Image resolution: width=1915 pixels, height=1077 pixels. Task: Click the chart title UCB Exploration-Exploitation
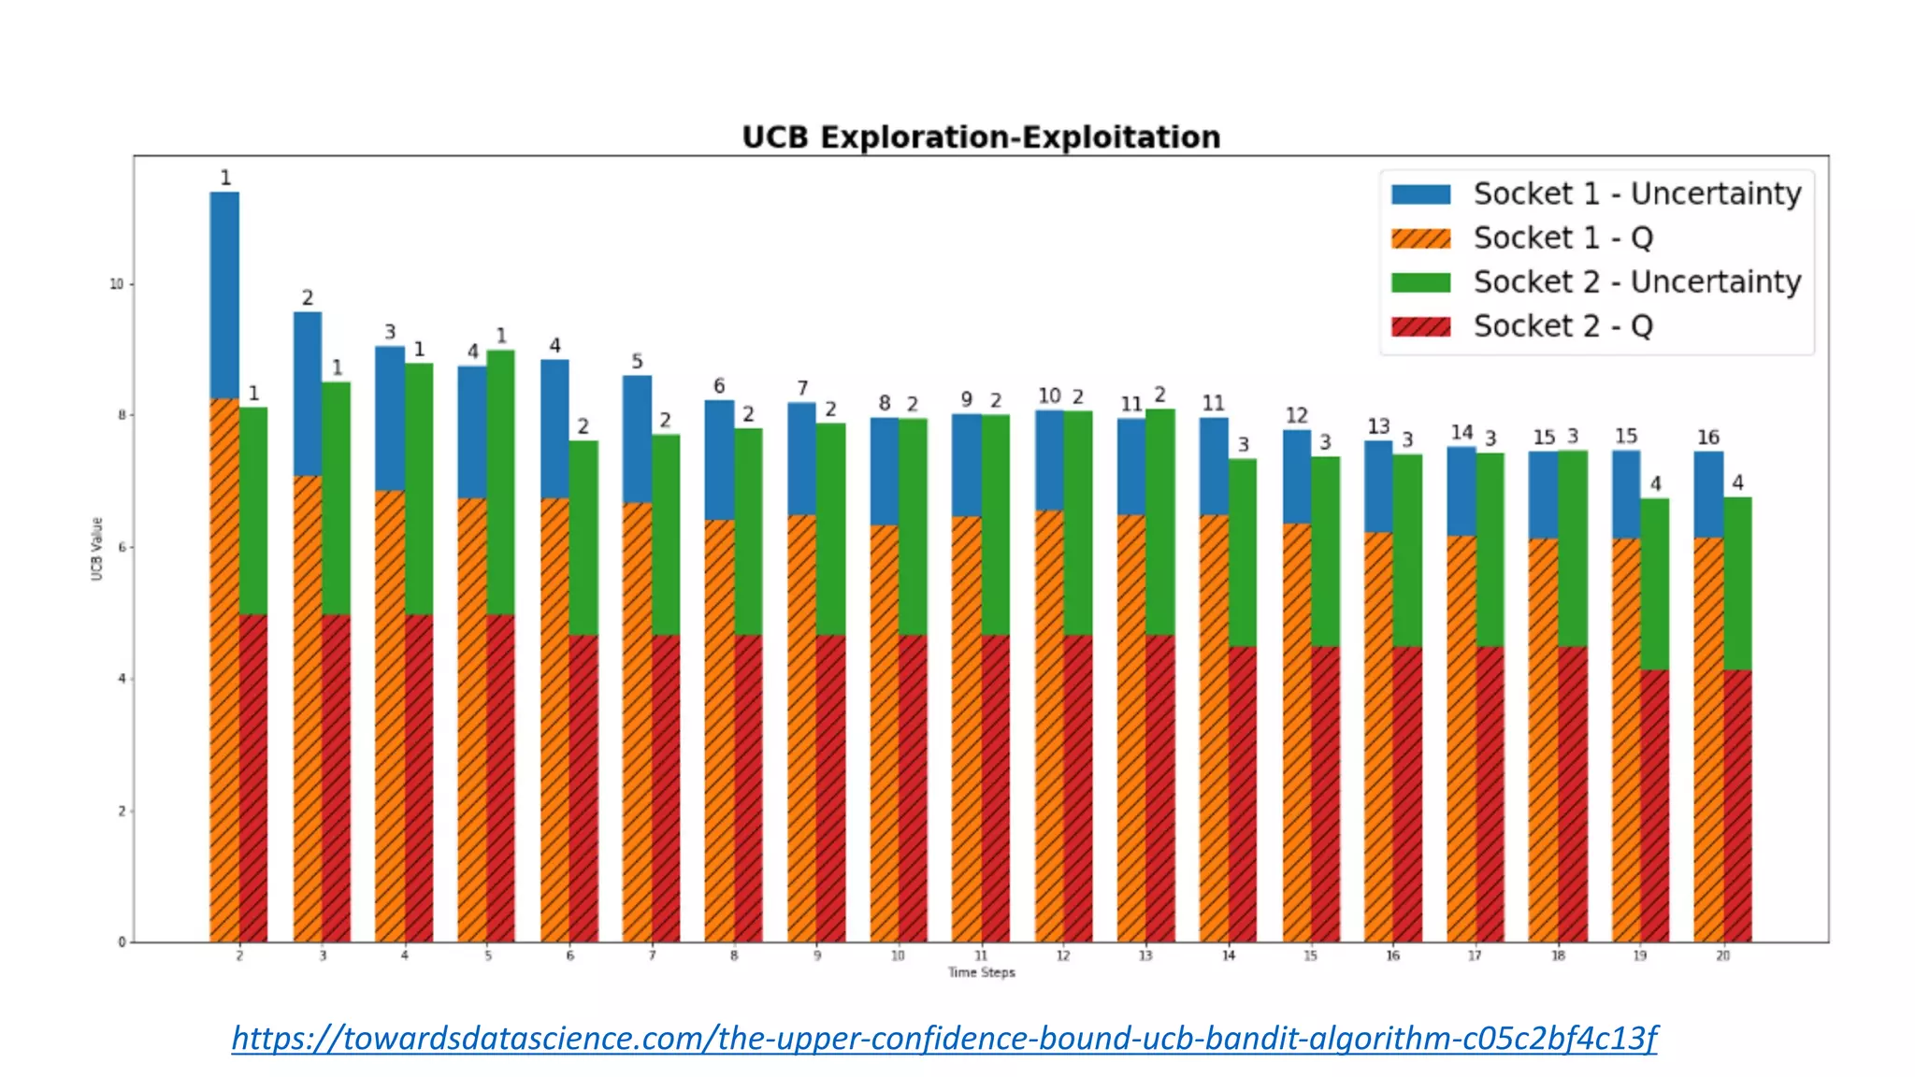point(981,137)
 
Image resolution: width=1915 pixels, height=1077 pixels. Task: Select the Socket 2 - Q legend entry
point(1562,326)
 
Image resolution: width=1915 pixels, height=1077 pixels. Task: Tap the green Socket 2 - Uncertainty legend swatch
point(1420,282)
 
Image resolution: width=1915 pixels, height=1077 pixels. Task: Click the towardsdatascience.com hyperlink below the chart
point(943,1038)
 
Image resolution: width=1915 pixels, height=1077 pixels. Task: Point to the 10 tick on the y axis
point(117,284)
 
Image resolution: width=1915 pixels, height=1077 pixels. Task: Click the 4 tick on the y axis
point(122,680)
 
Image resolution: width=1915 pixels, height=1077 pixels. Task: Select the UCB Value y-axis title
point(96,549)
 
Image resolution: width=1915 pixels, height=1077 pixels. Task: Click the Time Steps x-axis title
point(981,973)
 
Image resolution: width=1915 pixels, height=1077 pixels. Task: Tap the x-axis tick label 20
point(1722,956)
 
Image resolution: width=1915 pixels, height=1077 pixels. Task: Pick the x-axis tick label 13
point(1145,956)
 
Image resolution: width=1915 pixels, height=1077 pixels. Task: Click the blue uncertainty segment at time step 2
point(224,294)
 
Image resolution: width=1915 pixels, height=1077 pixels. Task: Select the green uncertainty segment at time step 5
point(500,481)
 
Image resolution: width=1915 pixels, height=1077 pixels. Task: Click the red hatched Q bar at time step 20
point(1737,804)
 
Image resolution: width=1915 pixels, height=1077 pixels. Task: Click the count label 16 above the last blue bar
point(1707,438)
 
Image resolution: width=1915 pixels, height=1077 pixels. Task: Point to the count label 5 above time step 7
point(637,361)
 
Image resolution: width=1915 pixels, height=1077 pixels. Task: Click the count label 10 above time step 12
point(1049,396)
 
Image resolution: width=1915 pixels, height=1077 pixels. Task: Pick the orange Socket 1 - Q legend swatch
point(1420,238)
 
